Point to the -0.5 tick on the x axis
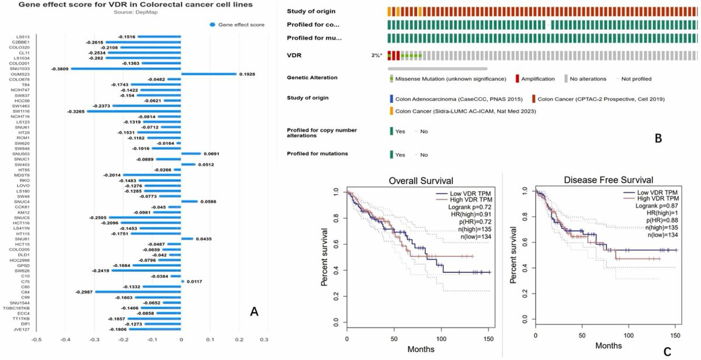click(x=36, y=338)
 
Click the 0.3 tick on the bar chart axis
click(x=268, y=338)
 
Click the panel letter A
click(x=254, y=313)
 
